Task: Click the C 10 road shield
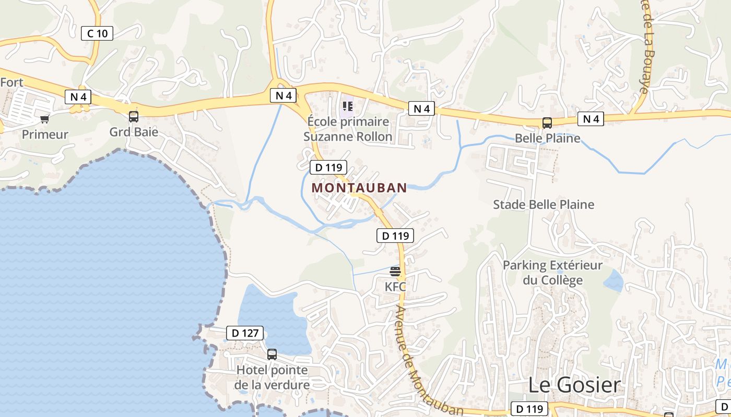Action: coord(97,34)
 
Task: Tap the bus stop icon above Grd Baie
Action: coord(134,116)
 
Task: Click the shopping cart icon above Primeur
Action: coord(44,119)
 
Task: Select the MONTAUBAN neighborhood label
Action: coord(359,188)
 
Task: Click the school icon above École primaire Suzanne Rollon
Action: coord(348,107)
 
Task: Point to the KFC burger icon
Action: coord(395,271)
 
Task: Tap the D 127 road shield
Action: coord(244,333)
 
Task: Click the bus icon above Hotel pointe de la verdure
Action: coord(272,354)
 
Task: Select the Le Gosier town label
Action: coord(574,385)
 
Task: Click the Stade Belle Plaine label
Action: coord(544,204)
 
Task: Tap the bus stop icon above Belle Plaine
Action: coord(547,123)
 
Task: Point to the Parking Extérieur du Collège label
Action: coord(552,273)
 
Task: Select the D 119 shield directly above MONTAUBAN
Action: coord(328,167)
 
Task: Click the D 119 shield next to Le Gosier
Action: coord(529,409)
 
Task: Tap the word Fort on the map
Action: coord(11,82)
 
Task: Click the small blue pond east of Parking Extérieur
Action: coord(614,281)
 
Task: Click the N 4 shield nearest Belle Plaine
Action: coord(591,119)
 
